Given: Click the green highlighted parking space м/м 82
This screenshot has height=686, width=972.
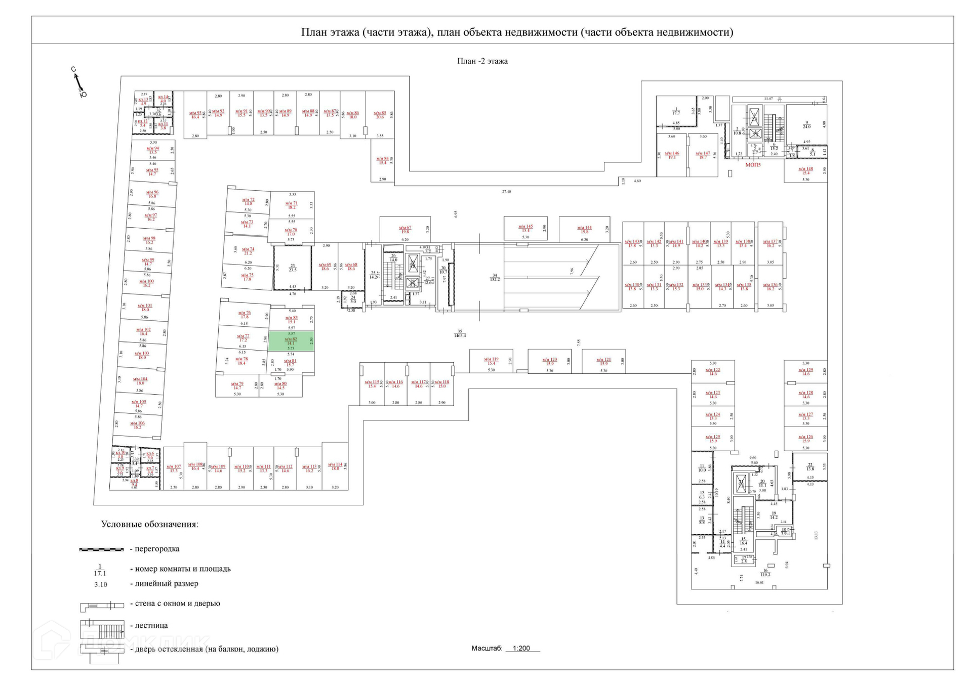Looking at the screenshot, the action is [x=291, y=341].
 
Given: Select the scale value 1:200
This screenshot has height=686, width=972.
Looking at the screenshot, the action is [x=521, y=648].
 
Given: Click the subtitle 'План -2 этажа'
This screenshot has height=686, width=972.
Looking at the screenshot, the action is [x=482, y=61].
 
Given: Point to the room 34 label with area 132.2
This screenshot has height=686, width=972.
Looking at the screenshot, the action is [x=495, y=277].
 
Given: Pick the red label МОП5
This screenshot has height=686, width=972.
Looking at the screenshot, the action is [x=753, y=165].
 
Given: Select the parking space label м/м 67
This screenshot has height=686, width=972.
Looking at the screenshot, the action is [x=405, y=230].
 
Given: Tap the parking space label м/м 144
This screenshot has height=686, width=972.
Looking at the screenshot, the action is [x=584, y=230].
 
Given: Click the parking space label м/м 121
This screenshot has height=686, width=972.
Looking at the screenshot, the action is [x=603, y=361].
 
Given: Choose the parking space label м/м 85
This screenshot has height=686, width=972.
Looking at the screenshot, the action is [x=380, y=115].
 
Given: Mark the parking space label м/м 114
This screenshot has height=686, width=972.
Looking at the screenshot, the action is [x=335, y=466].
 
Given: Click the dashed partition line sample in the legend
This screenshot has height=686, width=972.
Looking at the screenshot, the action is [x=101, y=549].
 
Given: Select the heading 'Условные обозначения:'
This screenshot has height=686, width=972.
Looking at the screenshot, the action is [x=149, y=524].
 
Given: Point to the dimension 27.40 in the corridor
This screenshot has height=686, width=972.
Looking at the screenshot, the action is [x=506, y=192].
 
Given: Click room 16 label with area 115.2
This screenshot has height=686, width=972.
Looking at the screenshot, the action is [x=765, y=572].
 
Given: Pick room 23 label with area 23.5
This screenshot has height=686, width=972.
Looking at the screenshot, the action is [x=293, y=268].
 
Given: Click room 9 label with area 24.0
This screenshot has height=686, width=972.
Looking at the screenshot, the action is [x=806, y=124].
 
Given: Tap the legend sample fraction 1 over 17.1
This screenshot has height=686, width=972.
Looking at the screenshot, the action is [x=100, y=570].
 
